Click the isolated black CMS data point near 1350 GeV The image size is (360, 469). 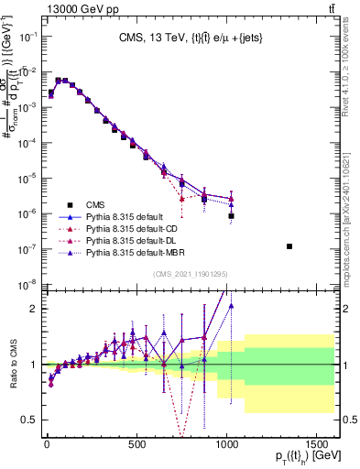click(289, 246)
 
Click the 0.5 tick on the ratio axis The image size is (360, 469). click(28, 420)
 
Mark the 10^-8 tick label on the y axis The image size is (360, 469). click(26, 284)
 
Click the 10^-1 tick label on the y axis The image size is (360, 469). click(26, 36)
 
